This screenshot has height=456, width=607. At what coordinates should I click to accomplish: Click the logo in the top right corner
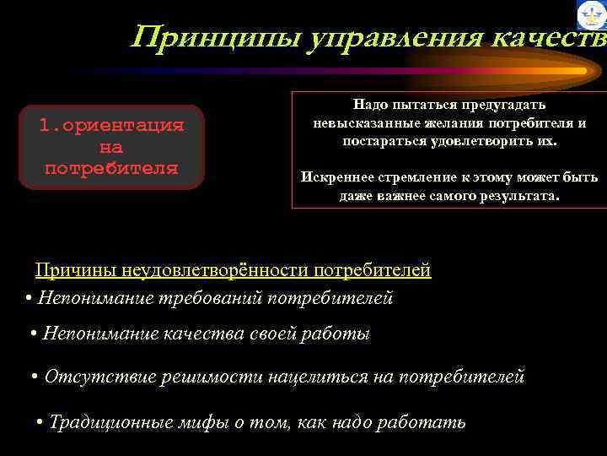pyautogui.click(x=591, y=15)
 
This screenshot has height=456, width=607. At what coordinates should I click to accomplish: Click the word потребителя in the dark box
pyautogui.click(x=111, y=167)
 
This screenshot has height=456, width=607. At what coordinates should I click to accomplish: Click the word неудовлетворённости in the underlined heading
pyautogui.click(x=215, y=270)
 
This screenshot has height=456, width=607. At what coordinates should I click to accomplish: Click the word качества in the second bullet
pyautogui.click(x=211, y=334)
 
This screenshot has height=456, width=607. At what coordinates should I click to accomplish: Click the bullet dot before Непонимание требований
pyautogui.click(x=30, y=298)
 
